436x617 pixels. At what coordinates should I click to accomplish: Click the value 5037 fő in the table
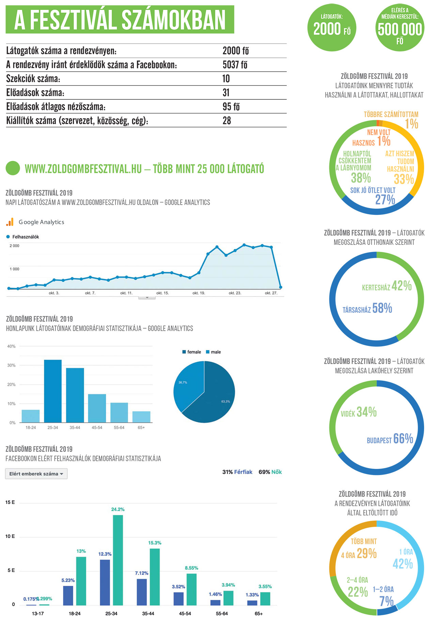235,65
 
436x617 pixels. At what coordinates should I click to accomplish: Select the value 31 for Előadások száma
226,93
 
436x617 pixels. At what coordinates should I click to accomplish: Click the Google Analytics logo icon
10,222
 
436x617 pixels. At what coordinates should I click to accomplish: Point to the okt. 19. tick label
199,293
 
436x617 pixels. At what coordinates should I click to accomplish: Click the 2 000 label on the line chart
14,246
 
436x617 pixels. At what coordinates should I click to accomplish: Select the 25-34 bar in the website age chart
53,391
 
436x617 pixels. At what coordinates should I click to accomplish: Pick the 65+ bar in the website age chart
141,417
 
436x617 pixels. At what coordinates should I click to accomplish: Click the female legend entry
192,352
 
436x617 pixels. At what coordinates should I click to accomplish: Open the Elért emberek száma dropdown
36,474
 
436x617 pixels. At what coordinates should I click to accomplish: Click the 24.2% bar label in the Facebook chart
118,509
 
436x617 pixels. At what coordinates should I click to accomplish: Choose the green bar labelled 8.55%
191,589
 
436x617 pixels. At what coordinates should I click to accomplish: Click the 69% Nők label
270,472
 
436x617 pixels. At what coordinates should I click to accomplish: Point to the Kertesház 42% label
387,286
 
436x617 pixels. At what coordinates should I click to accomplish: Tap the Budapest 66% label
390,439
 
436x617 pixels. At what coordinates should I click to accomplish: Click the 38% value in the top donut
361,178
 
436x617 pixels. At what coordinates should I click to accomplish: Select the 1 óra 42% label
403,559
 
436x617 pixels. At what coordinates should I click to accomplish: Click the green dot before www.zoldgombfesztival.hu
13,168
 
